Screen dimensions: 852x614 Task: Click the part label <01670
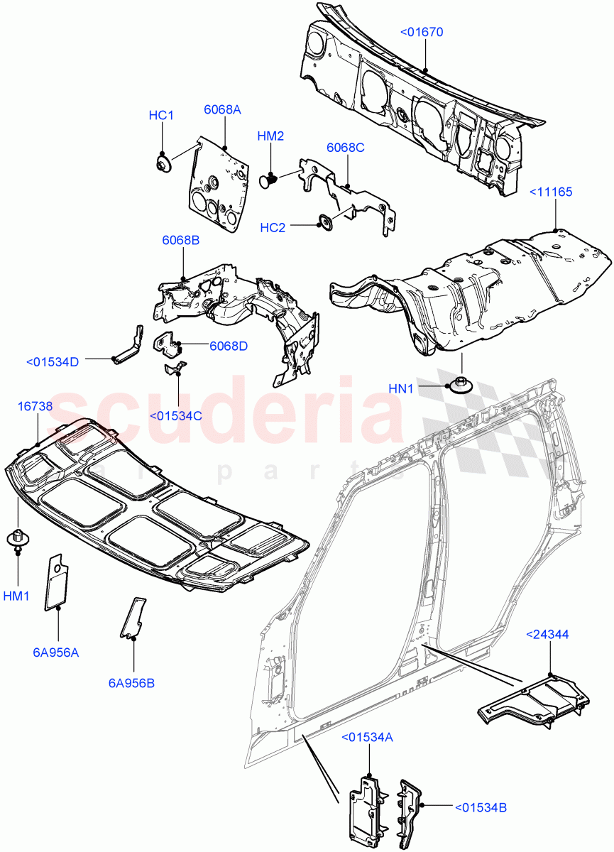click(x=422, y=32)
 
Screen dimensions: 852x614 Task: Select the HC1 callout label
click(x=161, y=115)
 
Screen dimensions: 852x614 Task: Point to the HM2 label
click(x=270, y=136)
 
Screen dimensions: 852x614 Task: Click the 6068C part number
click(x=345, y=148)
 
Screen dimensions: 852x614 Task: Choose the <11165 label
click(x=550, y=192)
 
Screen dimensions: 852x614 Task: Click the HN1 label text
click(x=401, y=388)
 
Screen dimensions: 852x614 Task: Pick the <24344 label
click(x=547, y=634)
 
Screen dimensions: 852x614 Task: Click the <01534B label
click(x=480, y=807)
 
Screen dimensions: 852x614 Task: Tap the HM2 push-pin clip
click(x=268, y=181)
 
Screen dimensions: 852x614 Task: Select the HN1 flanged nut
click(x=459, y=386)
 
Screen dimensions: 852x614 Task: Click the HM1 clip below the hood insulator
click(x=16, y=538)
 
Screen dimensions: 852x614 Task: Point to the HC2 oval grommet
click(x=327, y=223)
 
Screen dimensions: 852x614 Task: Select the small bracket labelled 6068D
click(x=168, y=342)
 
